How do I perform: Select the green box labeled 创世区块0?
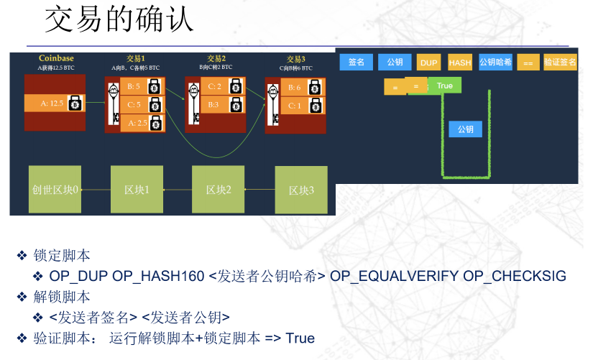point(55,190)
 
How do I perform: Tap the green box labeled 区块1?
point(137,190)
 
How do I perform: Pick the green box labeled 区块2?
point(218,190)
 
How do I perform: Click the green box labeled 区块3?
point(301,190)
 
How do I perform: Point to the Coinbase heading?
point(56,58)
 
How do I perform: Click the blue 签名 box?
point(357,63)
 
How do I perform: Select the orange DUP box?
point(429,63)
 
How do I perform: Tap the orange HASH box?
point(460,63)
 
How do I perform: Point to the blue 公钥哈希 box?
point(495,63)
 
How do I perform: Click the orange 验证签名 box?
point(560,63)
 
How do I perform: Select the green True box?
point(445,86)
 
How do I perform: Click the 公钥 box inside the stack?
point(465,129)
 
